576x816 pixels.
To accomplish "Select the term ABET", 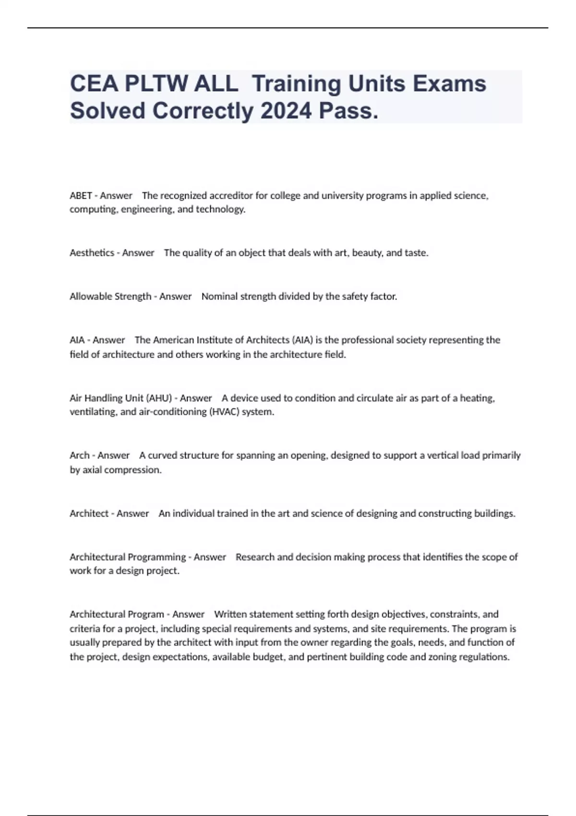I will pos(80,195).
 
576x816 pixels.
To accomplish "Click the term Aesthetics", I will pos(92,252).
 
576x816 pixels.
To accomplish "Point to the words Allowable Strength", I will pos(110,296).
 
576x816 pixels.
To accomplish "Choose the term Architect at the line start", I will pos(89,513).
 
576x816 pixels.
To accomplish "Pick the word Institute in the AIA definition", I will pos(216,340).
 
